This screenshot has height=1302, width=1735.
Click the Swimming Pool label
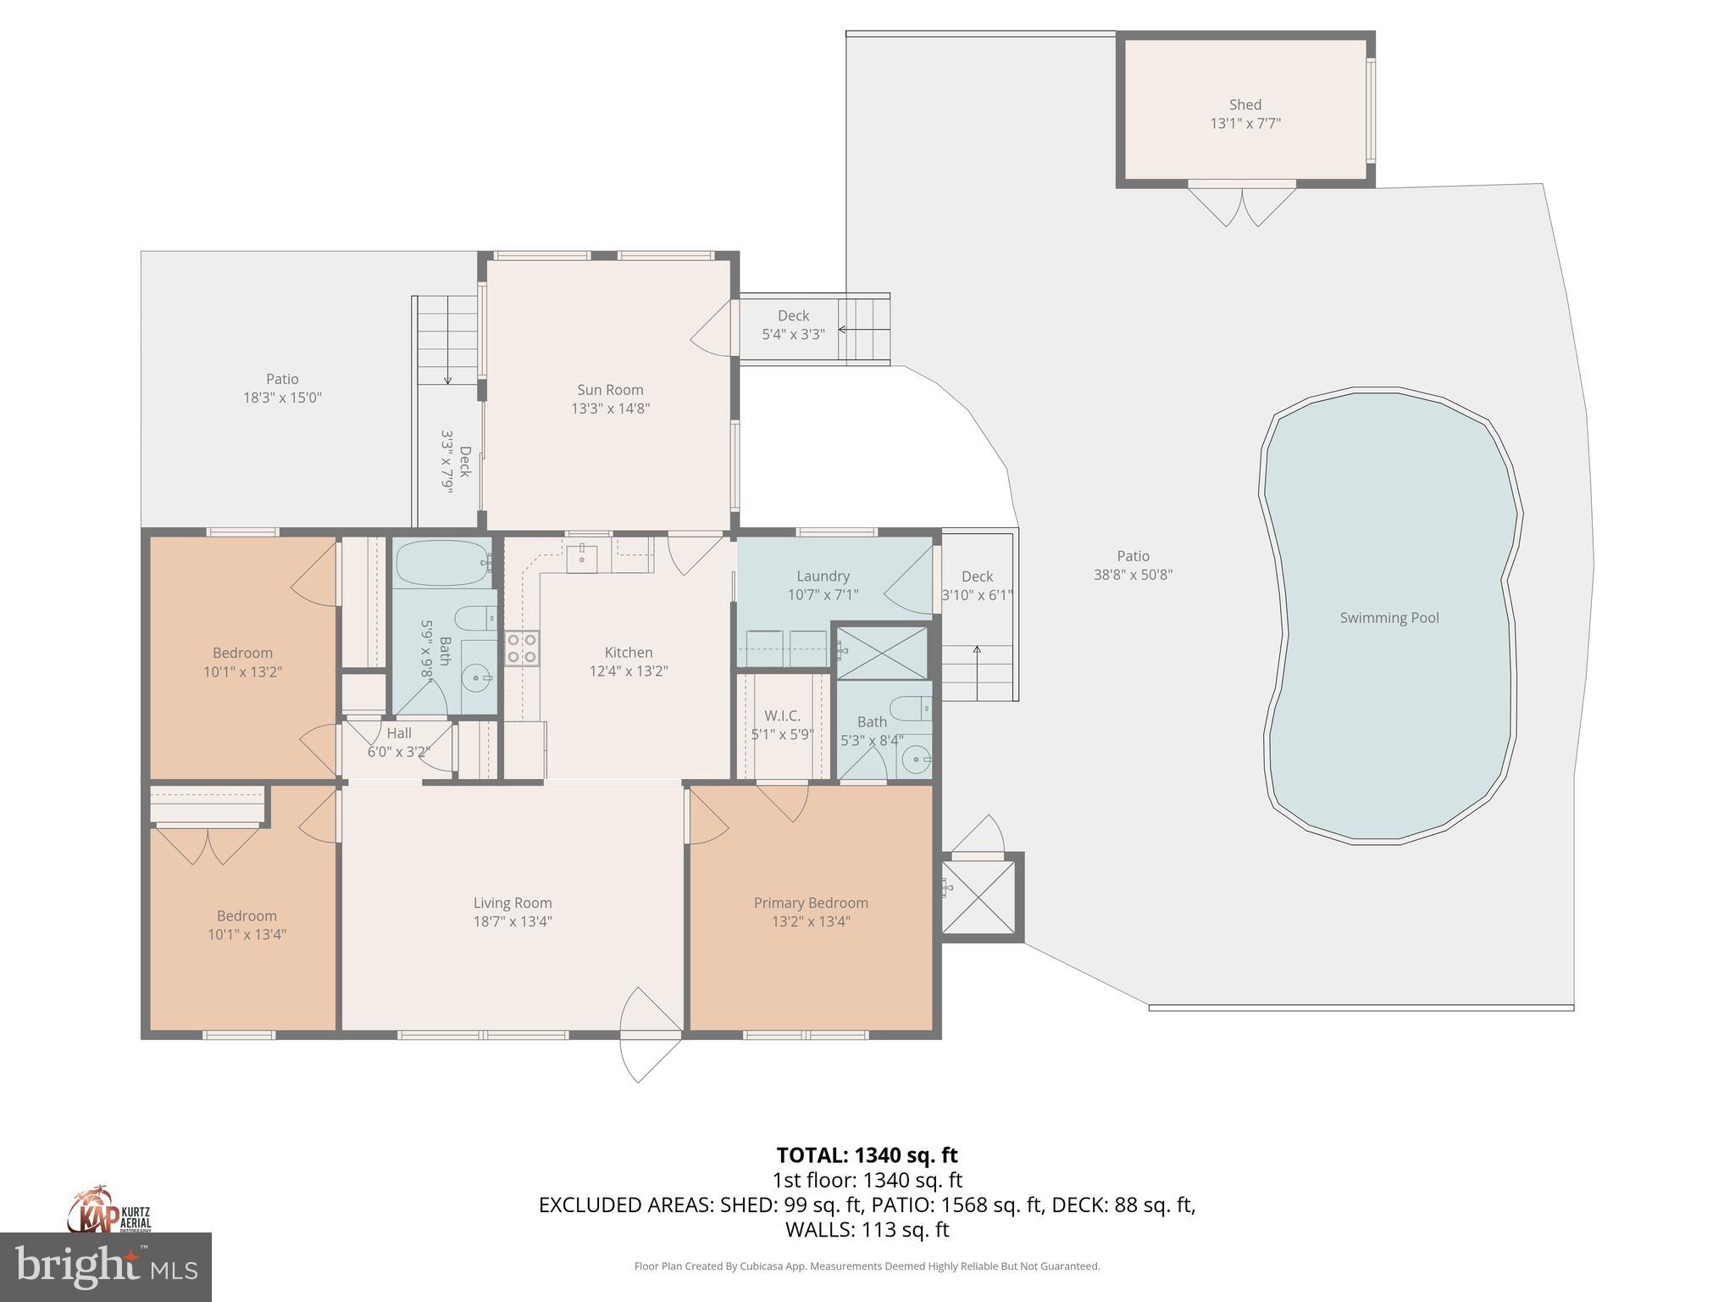point(1389,618)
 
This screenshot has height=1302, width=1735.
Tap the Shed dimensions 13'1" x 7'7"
point(1244,124)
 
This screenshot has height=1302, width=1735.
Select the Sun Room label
point(610,390)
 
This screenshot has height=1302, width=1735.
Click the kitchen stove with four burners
point(522,648)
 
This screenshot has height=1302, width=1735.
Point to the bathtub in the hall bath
point(441,562)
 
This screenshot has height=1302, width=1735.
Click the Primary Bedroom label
point(811,903)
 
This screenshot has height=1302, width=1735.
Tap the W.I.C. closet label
point(781,715)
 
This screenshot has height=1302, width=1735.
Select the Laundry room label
point(823,576)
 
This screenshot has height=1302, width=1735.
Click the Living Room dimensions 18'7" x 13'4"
point(513,922)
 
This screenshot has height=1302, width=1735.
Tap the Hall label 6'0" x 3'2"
point(399,743)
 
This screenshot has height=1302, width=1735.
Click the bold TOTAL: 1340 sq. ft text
point(867,1155)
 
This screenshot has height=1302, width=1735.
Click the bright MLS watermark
point(106,1267)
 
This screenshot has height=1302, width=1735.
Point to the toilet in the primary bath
point(912,708)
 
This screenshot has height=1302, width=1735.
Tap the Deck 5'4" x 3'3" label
point(793,325)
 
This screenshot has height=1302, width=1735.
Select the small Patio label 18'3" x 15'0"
point(282,388)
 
